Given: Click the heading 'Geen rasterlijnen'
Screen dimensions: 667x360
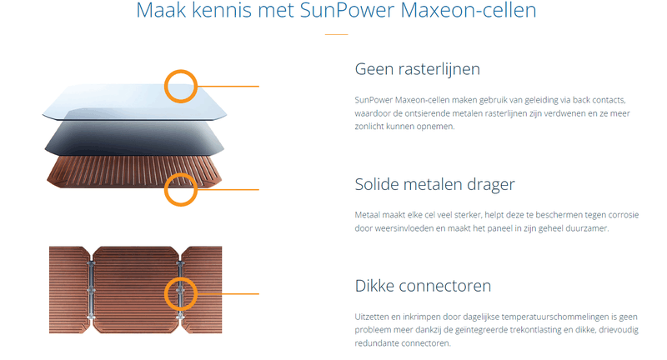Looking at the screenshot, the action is coord(418,69).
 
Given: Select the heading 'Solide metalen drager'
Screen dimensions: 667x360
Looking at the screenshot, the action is coord(434,184).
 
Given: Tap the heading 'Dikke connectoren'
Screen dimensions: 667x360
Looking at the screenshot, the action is coord(423,286).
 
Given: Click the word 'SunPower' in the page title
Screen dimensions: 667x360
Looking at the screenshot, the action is coord(347,10).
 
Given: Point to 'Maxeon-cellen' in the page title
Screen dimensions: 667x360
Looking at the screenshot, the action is coord(469,10).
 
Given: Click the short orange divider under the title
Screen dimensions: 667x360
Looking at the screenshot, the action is coord(337,34).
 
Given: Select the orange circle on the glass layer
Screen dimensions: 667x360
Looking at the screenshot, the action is coord(181,71).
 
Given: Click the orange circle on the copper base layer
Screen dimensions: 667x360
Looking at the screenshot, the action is coord(181,174).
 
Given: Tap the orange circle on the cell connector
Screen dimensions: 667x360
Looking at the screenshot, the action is coord(181,279).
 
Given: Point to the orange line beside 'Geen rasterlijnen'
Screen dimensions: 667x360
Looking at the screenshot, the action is coord(228,87).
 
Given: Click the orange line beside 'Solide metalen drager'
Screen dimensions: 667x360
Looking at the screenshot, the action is coord(228,189).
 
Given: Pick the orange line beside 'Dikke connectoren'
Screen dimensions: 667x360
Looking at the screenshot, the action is coord(228,293).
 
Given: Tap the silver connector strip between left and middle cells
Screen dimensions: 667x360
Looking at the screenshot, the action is coord(91,290).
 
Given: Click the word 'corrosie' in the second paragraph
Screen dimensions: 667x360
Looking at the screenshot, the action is coord(624,215).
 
